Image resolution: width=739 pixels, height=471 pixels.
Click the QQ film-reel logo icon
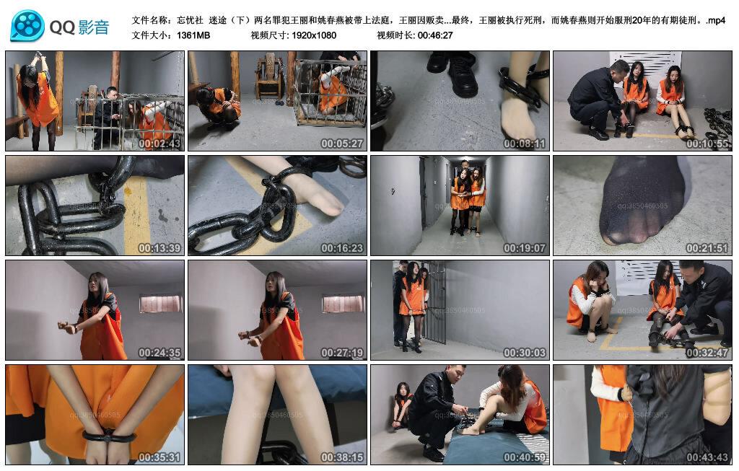pyautogui.click(x=27, y=27)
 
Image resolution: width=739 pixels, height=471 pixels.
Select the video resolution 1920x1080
pyautogui.click(x=314, y=35)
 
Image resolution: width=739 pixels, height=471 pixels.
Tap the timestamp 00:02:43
pyautogui.click(x=160, y=144)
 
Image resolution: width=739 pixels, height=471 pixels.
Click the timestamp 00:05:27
pyautogui.click(x=343, y=144)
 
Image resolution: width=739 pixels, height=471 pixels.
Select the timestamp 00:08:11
pyautogui.click(x=525, y=144)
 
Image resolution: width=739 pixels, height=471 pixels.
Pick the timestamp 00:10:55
pyautogui.click(x=708, y=144)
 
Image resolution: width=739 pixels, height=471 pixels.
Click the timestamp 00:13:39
pyautogui.click(x=160, y=248)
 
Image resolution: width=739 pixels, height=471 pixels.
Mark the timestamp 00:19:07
pyautogui.click(x=525, y=248)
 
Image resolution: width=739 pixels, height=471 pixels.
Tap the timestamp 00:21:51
pyautogui.click(x=708, y=248)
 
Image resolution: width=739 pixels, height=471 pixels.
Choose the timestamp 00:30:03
pyautogui.click(x=525, y=353)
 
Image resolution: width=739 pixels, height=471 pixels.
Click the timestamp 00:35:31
pyautogui.click(x=160, y=457)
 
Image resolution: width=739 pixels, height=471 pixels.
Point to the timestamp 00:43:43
pyautogui.click(x=708, y=457)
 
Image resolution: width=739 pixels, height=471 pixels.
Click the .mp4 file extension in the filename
pyautogui.click(x=716, y=20)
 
